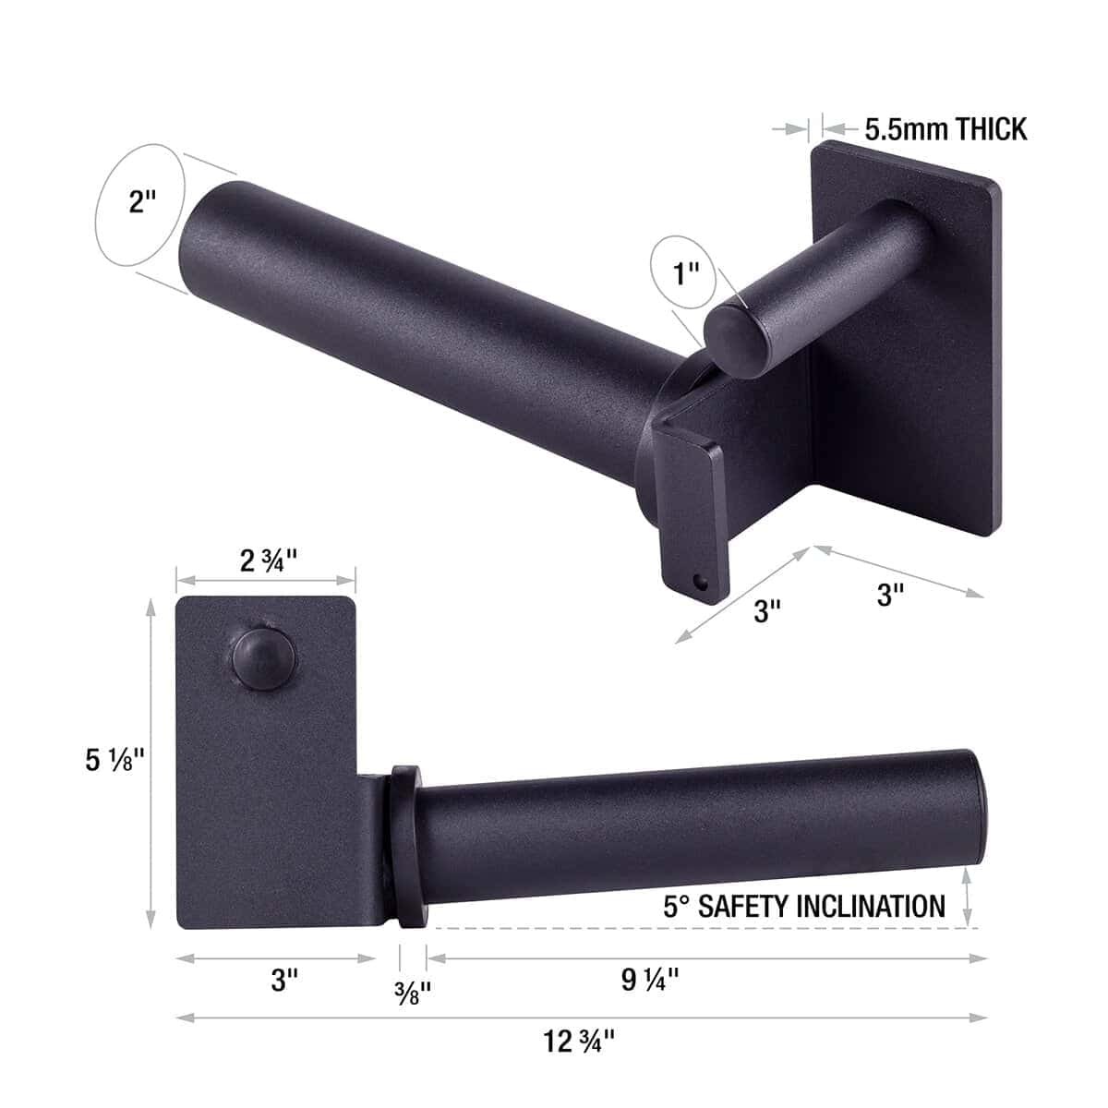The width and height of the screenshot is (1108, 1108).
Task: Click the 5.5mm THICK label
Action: click(945, 129)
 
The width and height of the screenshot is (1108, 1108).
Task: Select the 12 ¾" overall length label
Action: click(580, 1042)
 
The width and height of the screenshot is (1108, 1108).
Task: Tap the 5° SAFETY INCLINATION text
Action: click(803, 906)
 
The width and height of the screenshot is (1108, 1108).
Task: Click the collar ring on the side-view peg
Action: click(406, 844)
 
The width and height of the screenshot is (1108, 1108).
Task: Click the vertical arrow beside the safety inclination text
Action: click(967, 896)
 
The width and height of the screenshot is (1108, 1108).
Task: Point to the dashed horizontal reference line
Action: click(702, 927)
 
